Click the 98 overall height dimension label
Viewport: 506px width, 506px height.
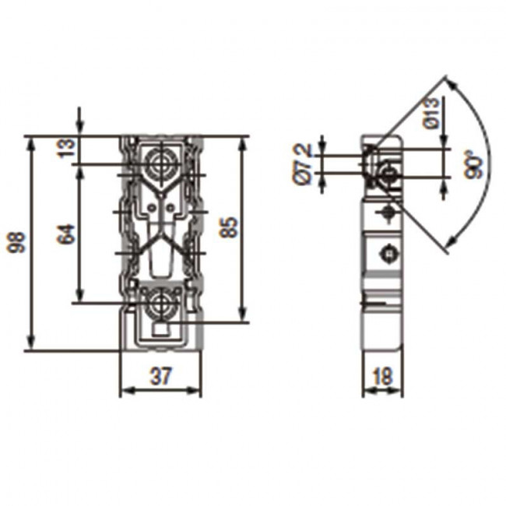pyautogui.click(x=16, y=242)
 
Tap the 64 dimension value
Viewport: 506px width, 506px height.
pyautogui.click(x=66, y=234)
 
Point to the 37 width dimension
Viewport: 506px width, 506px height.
pyautogui.click(x=160, y=376)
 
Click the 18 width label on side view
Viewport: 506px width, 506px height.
pyautogui.click(x=382, y=376)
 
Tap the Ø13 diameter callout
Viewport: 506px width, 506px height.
pyautogui.click(x=431, y=114)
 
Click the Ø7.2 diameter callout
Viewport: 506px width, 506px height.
pyautogui.click(x=303, y=164)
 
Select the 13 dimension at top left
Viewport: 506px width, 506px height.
pyautogui.click(x=66, y=147)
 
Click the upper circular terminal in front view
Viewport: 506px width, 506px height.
pyautogui.click(x=160, y=163)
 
